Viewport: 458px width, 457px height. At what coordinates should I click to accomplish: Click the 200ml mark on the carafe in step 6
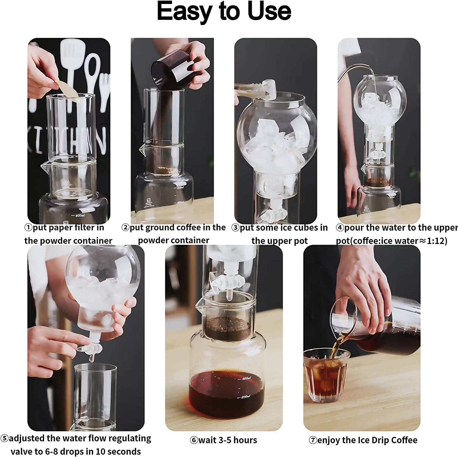pyautogui.click(x=244, y=397)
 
